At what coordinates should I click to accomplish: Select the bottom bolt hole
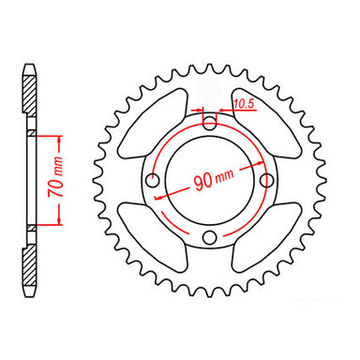pyautogui.click(x=210, y=235)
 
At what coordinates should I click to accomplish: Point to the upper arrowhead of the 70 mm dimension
pyautogui.click(x=59, y=138)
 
